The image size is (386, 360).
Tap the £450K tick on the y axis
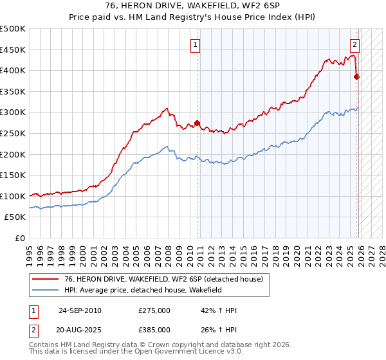click(13, 50)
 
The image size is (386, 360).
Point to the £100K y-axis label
click(13, 195)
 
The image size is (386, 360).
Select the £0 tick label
click(20, 238)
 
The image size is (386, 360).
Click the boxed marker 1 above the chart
click(194, 45)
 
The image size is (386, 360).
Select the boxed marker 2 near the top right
click(354, 45)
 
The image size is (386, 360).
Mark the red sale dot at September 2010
click(198, 123)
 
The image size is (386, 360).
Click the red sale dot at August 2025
click(357, 77)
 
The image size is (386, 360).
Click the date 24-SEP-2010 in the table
click(80, 310)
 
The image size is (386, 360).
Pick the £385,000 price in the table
click(154, 329)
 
